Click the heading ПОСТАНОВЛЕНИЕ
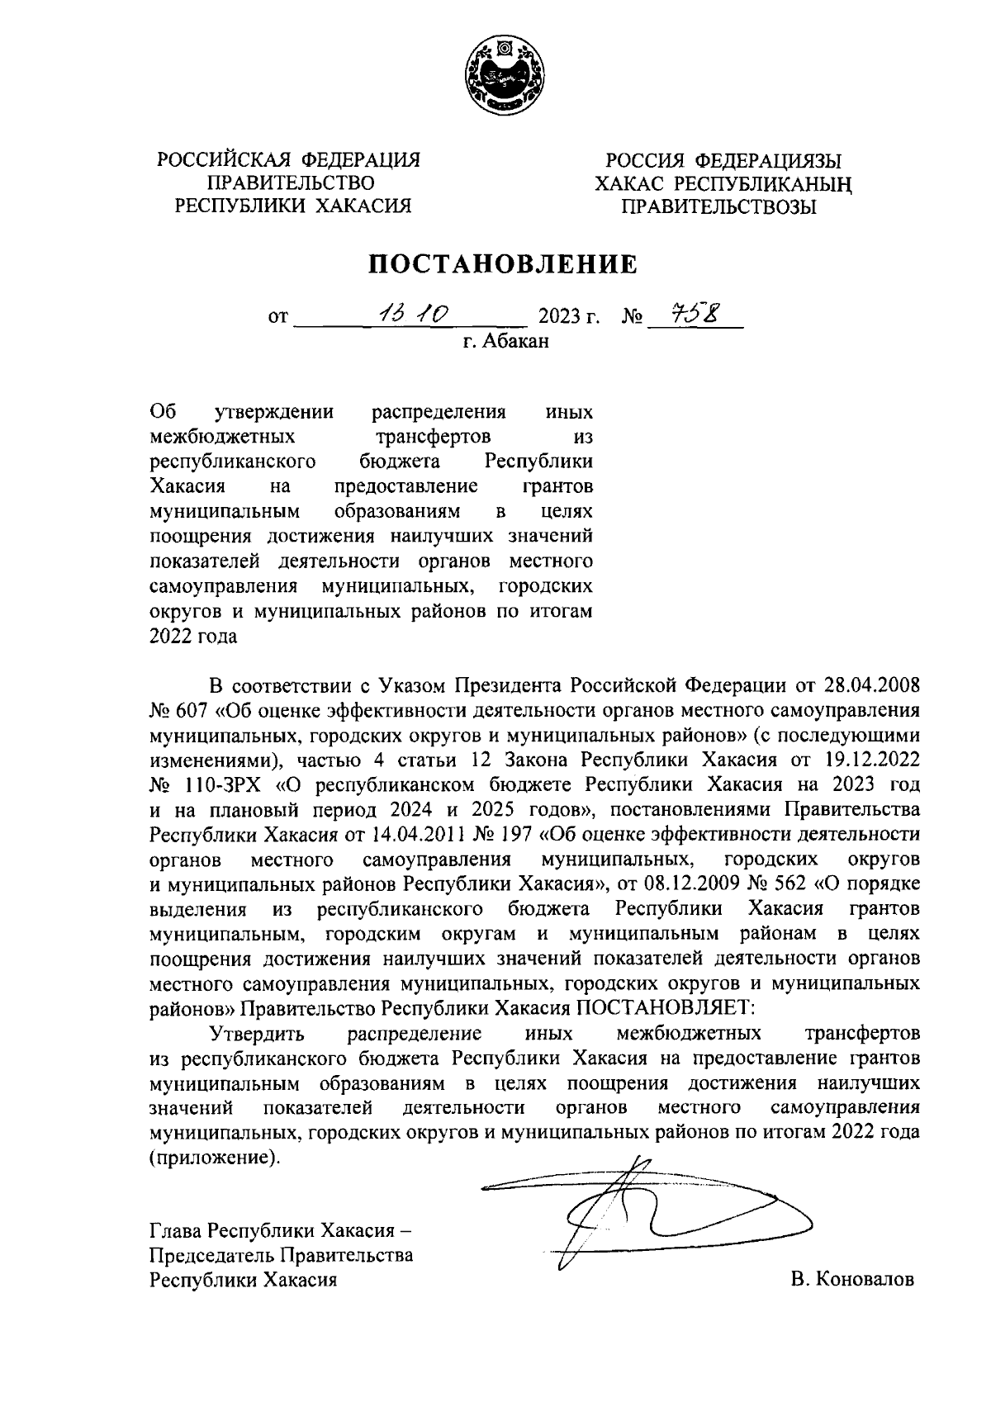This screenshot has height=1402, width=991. (503, 264)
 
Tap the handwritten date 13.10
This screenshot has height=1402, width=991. (410, 314)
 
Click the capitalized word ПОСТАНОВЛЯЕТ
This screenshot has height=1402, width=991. (665, 1007)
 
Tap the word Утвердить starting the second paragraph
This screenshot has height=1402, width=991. (258, 1033)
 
